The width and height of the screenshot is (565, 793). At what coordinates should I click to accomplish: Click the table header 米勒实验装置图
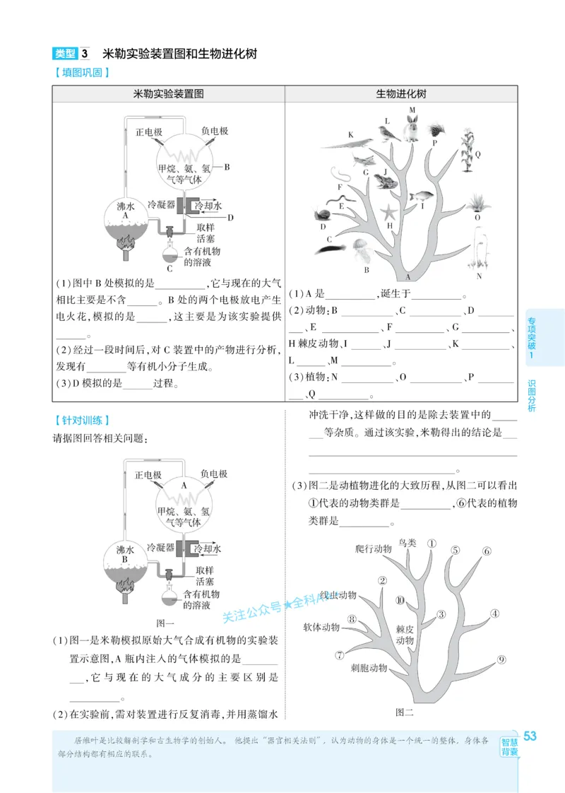pos(168,94)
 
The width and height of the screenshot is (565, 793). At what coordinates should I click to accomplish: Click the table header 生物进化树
pos(401,94)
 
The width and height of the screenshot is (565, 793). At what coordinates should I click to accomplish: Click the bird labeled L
pos(385,132)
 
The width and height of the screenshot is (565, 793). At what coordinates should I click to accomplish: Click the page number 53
pos(530,736)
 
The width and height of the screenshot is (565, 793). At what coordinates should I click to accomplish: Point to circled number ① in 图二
pos(432,544)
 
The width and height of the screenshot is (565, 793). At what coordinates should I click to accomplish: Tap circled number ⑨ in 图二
pos(501,660)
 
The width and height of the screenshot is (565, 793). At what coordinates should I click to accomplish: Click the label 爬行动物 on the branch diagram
pos(373,548)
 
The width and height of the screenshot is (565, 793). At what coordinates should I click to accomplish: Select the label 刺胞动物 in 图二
pos(369,667)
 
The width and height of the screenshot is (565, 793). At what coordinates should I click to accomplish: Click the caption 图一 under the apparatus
pos(165,623)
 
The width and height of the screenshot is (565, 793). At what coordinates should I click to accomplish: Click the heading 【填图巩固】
pos(81,72)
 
